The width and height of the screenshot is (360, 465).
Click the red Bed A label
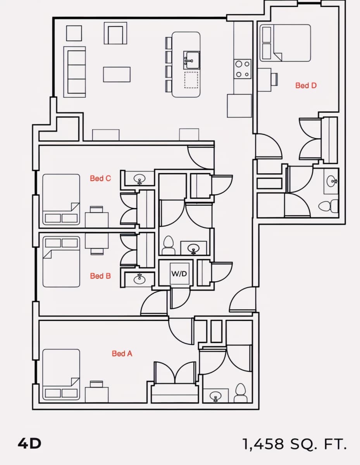pyautogui.click(x=122, y=353)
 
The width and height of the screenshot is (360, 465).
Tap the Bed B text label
pyautogui.click(x=100, y=276)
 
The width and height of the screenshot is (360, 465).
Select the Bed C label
pyautogui.click(x=100, y=178)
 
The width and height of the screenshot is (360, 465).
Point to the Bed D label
pyautogui.click(x=306, y=85)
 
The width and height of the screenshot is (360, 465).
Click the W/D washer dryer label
pyautogui.click(x=179, y=274)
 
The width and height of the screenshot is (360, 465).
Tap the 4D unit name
pyautogui.click(x=29, y=444)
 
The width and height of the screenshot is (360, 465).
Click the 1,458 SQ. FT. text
pyautogui.click(x=295, y=444)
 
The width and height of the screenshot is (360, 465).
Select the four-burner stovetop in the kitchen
pyautogui.click(x=243, y=69)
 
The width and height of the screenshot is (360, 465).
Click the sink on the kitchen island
pyautogui.click(x=191, y=60)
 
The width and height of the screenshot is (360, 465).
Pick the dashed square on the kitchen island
pyautogui.click(x=191, y=80)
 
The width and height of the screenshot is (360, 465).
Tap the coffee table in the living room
pyautogui.click(x=117, y=74)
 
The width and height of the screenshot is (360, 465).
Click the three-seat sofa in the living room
pyautogui.click(x=75, y=72)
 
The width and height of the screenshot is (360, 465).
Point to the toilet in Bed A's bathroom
pyautogui.click(x=240, y=393)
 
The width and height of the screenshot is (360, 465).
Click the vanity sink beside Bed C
pyautogui.click(x=139, y=179)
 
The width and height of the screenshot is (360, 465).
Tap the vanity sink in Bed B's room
pyautogui.click(x=139, y=279)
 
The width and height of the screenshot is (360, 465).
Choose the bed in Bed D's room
pyautogui.click(x=285, y=43)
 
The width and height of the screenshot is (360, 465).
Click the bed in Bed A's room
pyautogui.click(x=61, y=374)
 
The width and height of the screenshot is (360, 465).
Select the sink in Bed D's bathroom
pyautogui.click(x=332, y=181)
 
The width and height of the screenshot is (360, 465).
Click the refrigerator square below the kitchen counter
pyautogui.click(x=239, y=106)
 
